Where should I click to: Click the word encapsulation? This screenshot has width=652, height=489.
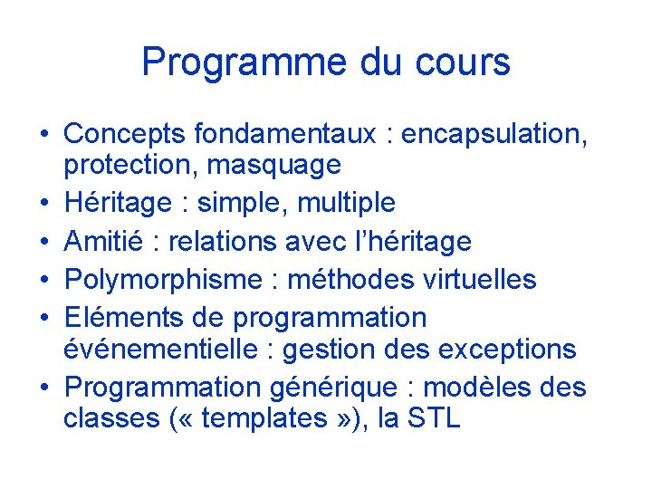click(x=494, y=134)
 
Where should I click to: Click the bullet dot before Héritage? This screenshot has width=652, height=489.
click(x=43, y=203)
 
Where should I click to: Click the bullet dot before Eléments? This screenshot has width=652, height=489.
click(x=43, y=319)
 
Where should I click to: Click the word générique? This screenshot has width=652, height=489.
click(x=327, y=388)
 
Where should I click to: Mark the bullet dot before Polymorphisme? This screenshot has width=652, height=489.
click(x=43, y=281)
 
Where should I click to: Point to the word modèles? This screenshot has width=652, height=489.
click(x=476, y=388)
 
